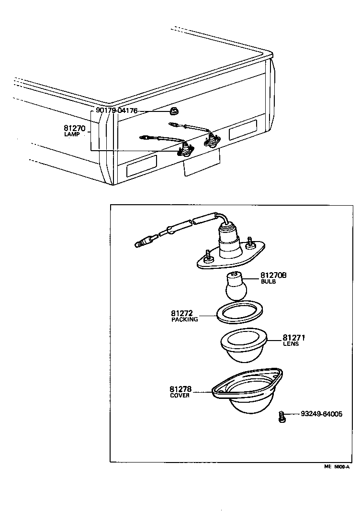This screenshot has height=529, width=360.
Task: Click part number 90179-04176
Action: (x=116, y=110)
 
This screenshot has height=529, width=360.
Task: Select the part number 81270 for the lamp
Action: (x=74, y=128)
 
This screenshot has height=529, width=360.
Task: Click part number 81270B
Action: (x=273, y=276)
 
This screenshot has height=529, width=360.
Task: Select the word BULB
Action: (x=268, y=282)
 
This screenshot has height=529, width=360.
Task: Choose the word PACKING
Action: (x=185, y=320)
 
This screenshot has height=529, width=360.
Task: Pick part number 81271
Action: (x=294, y=338)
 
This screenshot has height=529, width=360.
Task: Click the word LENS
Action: (x=291, y=344)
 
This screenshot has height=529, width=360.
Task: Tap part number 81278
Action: (x=181, y=389)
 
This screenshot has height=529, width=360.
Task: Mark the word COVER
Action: (x=180, y=396)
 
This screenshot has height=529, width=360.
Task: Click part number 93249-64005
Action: (x=322, y=414)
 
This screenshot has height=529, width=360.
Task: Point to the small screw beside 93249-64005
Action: (x=282, y=417)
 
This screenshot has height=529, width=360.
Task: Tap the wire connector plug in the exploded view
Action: (x=144, y=242)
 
